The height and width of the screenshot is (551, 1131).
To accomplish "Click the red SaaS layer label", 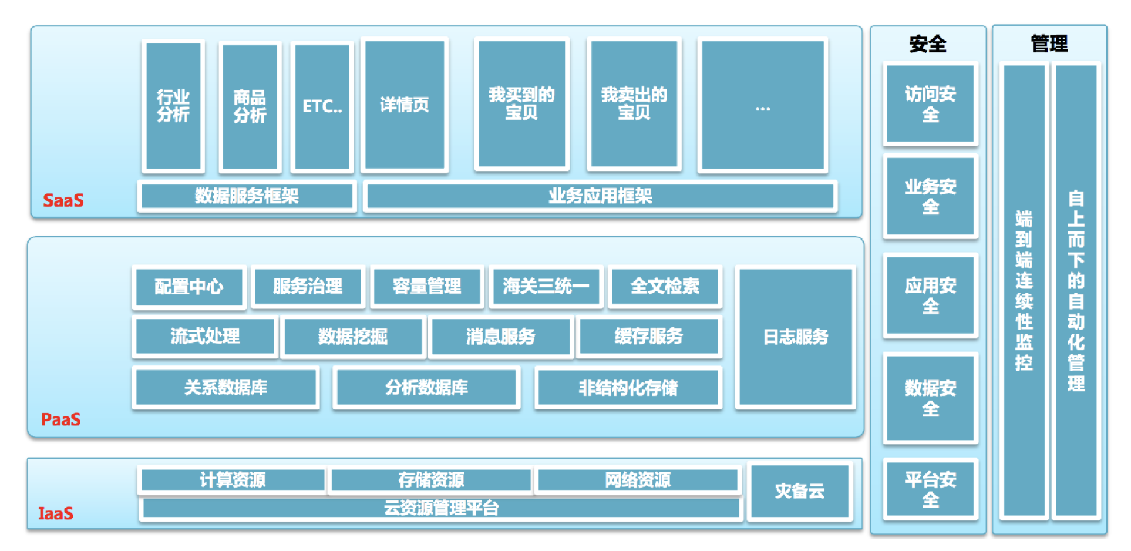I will [x=63, y=200].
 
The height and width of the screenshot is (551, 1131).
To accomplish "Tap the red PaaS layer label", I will [x=60, y=419].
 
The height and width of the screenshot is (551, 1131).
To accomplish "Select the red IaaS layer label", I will [x=56, y=513].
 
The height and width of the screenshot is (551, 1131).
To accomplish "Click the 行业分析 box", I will [x=173, y=106].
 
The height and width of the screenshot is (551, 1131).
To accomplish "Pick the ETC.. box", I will [x=322, y=106].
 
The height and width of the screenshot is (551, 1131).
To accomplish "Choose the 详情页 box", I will [x=404, y=105].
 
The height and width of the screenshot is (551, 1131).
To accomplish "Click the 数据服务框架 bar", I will [x=247, y=196].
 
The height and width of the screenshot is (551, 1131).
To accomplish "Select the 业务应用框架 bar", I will [x=600, y=196].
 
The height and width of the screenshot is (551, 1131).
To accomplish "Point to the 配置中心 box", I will [x=188, y=287].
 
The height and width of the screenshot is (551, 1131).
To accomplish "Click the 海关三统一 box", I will [x=546, y=287].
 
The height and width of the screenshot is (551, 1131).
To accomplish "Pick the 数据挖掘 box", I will [x=353, y=337].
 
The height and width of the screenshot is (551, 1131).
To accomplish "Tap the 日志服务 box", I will [x=796, y=337].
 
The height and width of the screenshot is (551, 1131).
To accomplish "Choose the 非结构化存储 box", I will [x=628, y=388].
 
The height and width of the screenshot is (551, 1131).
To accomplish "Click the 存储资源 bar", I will [x=431, y=480].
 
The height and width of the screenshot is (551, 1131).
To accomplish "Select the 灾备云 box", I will [x=800, y=491].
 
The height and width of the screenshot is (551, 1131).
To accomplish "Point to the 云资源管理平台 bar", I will [x=441, y=508].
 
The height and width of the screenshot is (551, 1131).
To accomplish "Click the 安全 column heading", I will [x=928, y=43].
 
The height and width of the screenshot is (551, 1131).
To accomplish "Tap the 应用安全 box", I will [x=930, y=295].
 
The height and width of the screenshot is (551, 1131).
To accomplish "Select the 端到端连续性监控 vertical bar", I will [x=1024, y=291].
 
